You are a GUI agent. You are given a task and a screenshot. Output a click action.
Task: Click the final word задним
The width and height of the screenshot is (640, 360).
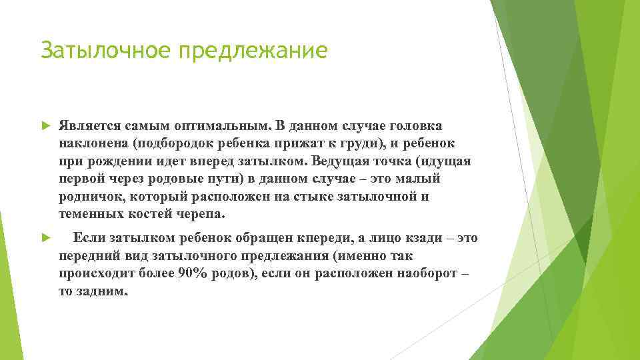103,292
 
